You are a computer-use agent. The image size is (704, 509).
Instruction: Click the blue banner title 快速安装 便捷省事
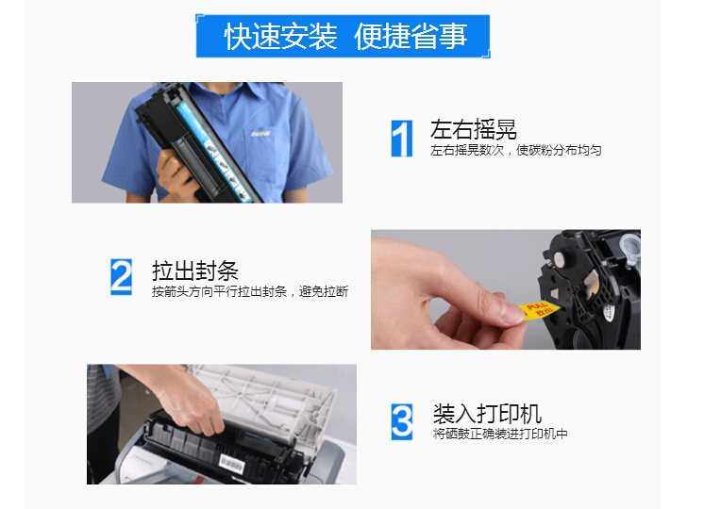(345, 37)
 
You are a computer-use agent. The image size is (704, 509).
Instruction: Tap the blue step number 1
(402, 139)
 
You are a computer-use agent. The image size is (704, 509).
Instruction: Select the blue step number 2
(121, 277)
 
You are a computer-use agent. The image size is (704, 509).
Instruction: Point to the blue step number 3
(402, 421)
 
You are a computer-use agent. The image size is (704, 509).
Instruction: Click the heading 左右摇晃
(473, 129)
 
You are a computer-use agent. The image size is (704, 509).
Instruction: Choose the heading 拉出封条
(194, 271)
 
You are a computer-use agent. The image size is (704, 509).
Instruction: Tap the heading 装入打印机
(487, 413)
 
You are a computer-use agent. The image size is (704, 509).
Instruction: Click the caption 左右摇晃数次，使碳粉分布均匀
(515, 150)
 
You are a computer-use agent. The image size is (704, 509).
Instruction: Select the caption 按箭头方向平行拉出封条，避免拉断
(250, 291)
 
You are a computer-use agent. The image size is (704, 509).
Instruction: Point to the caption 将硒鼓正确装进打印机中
(500, 434)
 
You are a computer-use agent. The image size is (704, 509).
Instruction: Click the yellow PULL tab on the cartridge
(539, 309)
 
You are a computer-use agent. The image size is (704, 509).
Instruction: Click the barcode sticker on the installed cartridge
(231, 463)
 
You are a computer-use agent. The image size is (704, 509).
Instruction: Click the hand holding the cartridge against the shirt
(176, 175)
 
